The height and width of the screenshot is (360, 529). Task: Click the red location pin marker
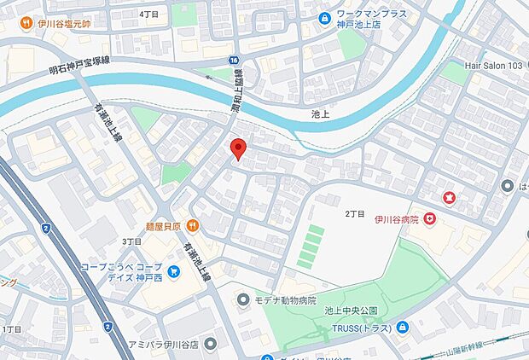click(239, 148)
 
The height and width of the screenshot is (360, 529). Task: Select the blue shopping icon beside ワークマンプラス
click(324, 18)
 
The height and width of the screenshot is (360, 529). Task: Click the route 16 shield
click(233, 60)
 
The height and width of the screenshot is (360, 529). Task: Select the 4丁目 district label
click(149, 15)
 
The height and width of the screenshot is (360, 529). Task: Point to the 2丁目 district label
click(354, 213)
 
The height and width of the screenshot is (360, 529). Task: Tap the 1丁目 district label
click(12, 328)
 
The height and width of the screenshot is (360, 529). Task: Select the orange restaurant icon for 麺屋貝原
click(193, 226)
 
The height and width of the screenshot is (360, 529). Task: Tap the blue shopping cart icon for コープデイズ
click(174, 272)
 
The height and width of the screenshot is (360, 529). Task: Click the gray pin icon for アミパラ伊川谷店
click(211, 344)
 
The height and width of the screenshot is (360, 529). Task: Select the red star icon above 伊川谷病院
click(450, 198)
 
